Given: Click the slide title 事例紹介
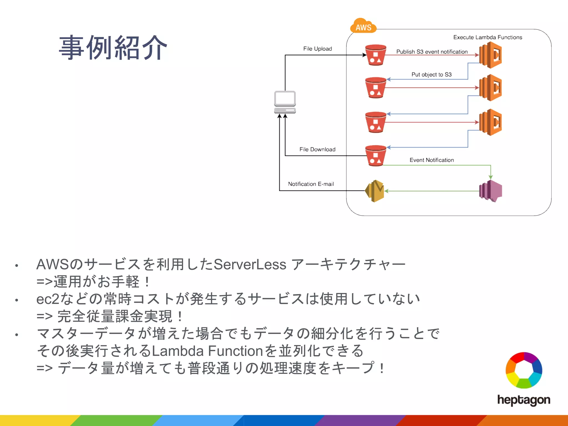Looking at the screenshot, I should coord(113,48).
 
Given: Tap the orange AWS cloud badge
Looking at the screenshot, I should coord(363,26).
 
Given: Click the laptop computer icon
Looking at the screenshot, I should coord(285,102).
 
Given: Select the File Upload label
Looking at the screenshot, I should coord(317,49).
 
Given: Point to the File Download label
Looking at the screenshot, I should coord(317,149).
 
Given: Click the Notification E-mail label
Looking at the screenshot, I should coord(311,184).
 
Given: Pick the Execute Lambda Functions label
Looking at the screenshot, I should coord(487,37).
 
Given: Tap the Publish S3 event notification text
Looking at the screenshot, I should coord(432,52).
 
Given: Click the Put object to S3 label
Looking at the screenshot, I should coord(431,74).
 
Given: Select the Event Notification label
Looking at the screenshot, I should coord(432,160).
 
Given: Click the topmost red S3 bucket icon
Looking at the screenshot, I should coord(376,55).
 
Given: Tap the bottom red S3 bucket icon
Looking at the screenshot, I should coord(376,156).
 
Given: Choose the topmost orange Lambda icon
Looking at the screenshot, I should coord(490,55).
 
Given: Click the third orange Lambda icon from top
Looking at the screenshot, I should coord(490,122).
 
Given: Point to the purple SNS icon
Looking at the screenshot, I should coord(490,191).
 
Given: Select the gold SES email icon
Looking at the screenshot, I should coord(375,191).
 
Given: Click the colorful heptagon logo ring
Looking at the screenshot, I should coord(524,370).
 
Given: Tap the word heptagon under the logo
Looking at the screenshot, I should coord(523,400).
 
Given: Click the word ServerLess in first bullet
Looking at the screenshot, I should coord(250,264).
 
